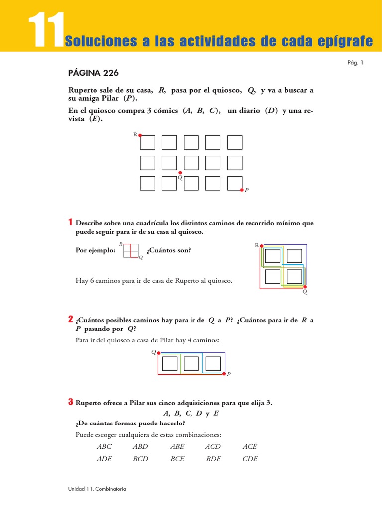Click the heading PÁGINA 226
(x=93, y=73)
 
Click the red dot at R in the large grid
(x=140, y=135)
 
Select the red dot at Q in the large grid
(x=180, y=173)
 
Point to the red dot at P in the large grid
(x=242, y=190)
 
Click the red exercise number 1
(x=71, y=222)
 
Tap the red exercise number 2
(x=71, y=319)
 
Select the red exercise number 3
(x=71, y=402)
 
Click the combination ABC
(x=104, y=446)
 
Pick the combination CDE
(x=250, y=459)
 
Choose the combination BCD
(x=141, y=459)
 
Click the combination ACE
(x=250, y=446)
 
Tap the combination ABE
(x=177, y=446)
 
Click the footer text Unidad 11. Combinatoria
(x=97, y=489)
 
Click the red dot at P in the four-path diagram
(x=224, y=373)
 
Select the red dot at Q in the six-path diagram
(x=305, y=287)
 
